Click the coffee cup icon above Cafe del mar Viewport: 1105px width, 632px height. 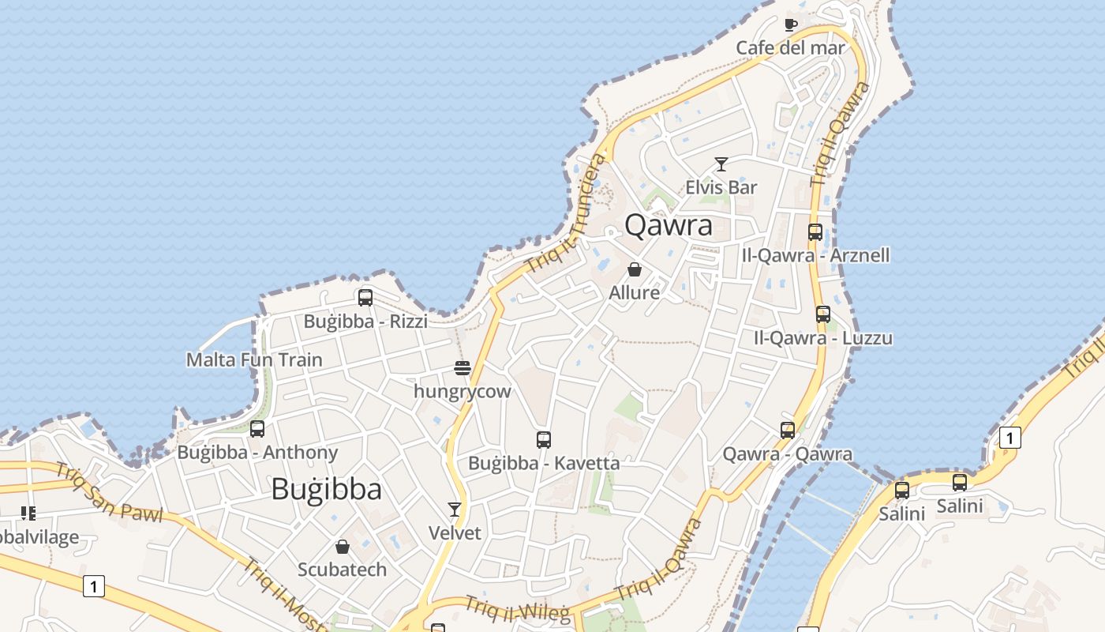tap(791, 24)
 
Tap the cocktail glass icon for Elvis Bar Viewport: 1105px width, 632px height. tap(721, 164)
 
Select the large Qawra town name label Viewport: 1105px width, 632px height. tap(669, 225)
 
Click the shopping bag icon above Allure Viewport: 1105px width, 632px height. tap(635, 269)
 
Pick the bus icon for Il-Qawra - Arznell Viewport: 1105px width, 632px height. tap(815, 232)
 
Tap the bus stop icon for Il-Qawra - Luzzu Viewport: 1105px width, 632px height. tap(823, 314)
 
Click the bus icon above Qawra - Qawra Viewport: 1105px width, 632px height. tap(788, 431)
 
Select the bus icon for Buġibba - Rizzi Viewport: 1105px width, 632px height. tap(365, 298)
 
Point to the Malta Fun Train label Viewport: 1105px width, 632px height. tap(254, 360)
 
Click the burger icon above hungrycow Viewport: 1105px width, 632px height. tap(463, 368)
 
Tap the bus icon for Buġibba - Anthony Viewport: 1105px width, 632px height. tap(257, 429)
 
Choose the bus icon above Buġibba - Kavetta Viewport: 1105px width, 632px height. tap(544, 440)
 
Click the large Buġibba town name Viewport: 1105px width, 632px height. tap(326, 489)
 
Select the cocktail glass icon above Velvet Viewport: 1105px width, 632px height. tap(455, 510)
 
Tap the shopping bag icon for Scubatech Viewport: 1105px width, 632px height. tap(343, 547)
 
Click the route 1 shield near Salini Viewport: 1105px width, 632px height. tap(1009, 437)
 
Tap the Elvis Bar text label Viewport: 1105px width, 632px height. tap(721, 188)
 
